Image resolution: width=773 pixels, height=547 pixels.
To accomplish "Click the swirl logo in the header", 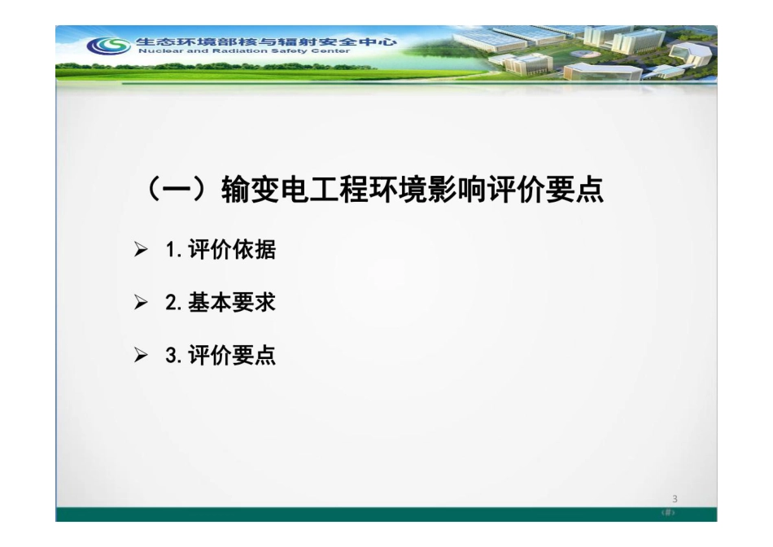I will click(108, 46).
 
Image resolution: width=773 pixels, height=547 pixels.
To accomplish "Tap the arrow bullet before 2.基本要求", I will click(142, 304).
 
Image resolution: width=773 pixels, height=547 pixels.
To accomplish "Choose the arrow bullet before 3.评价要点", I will click(142, 357).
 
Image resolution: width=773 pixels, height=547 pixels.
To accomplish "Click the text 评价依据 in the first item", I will click(232, 250).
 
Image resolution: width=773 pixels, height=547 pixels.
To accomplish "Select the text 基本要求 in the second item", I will click(232, 303).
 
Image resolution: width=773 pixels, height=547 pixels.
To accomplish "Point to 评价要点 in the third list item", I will click(232, 356).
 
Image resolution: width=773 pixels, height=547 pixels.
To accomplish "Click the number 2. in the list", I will click(173, 303).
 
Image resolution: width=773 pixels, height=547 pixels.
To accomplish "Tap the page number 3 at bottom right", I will click(675, 499).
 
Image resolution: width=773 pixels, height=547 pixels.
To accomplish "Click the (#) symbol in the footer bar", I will click(669, 514).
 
